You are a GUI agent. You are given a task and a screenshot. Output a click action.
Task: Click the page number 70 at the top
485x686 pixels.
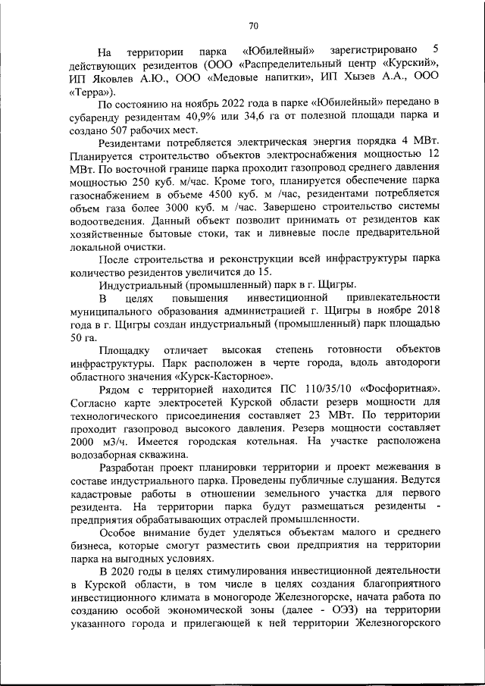point(253,27)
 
